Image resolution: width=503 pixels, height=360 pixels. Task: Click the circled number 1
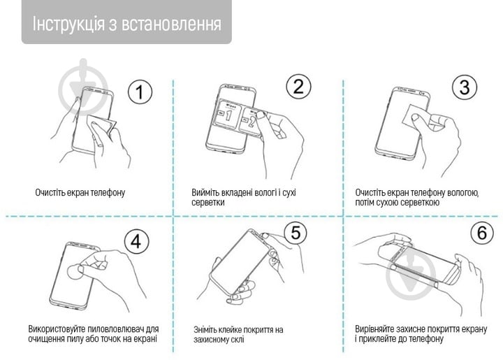tap(140, 92)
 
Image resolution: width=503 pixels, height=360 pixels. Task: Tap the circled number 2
tap(298, 87)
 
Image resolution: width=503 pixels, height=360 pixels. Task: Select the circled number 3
tap(464, 88)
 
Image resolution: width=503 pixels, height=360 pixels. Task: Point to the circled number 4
tap(137, 242)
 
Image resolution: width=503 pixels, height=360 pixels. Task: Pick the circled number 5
tap(296, 233)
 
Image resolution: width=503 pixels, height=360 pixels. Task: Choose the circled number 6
tap(481, 233)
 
